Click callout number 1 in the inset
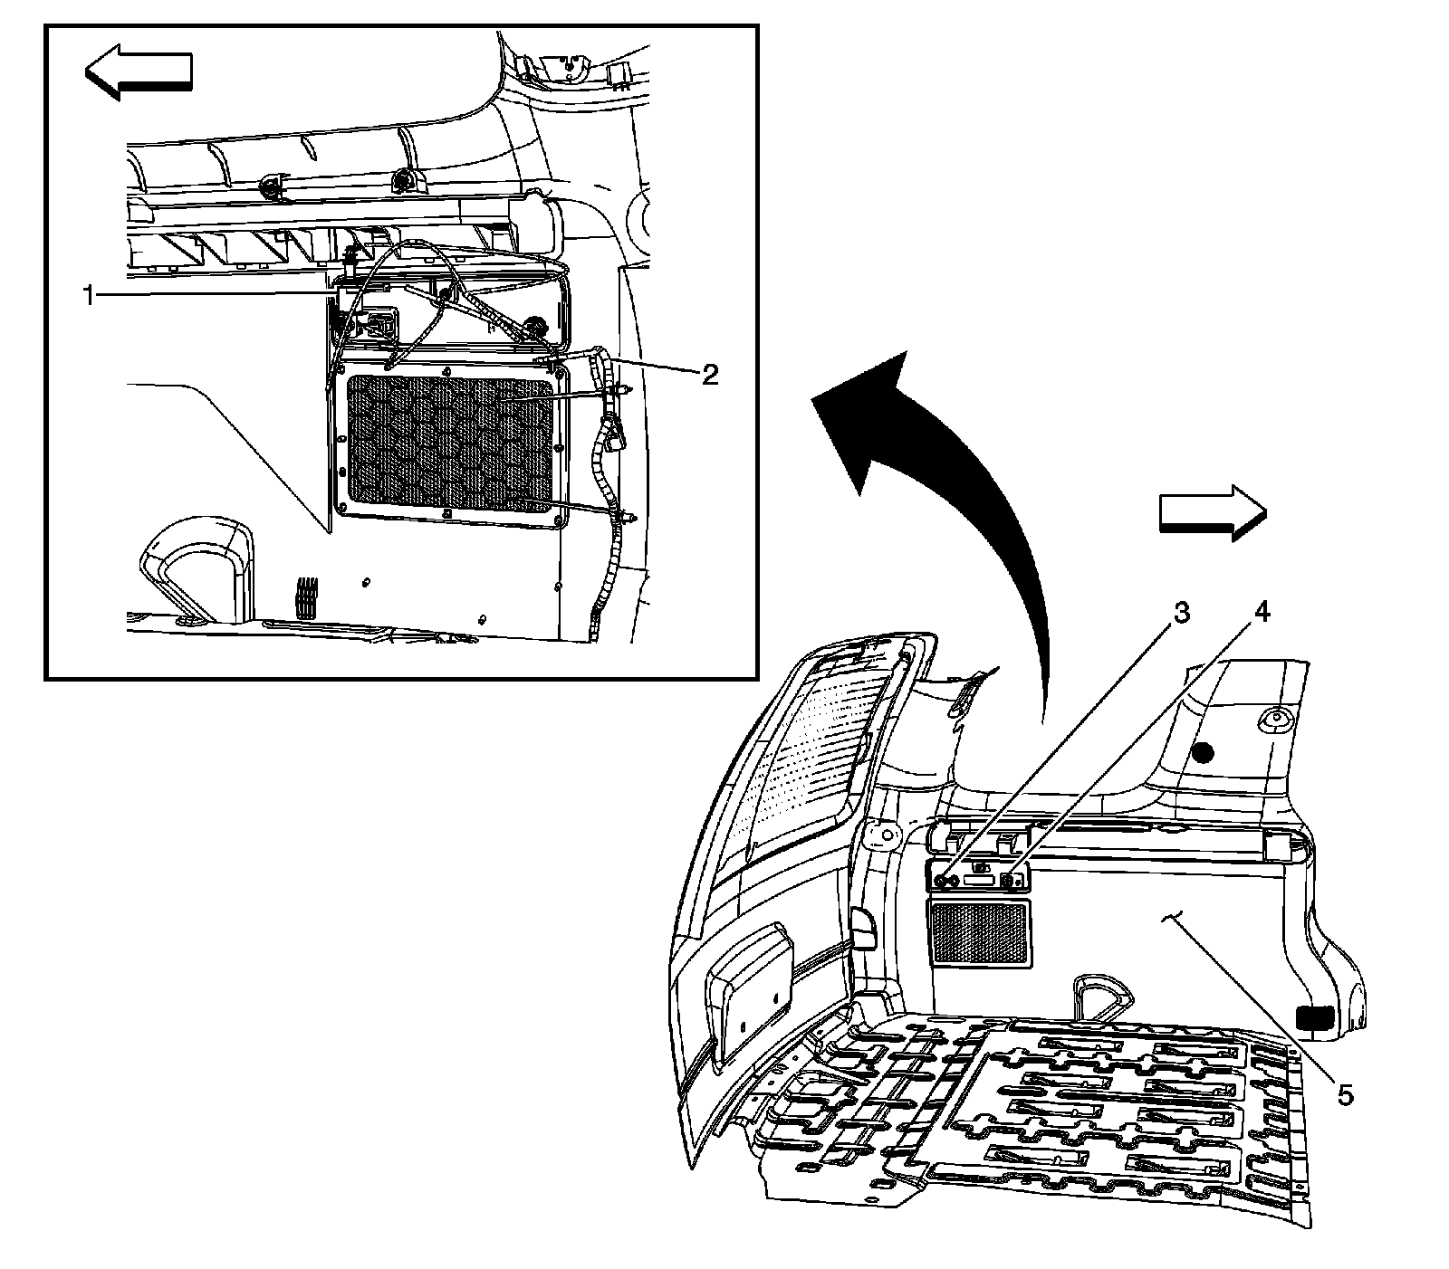click(x=89, y=295)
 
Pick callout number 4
click(x=1261, y=613)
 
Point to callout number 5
click(x=1345, y=1095)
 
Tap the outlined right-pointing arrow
click(x=1212, y=513)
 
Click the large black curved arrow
click(x=942, y=507)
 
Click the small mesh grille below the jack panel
click(x=981, y=931)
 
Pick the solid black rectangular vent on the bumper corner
click(x=1317, y=1017)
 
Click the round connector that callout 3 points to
click(x=944, y=879)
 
